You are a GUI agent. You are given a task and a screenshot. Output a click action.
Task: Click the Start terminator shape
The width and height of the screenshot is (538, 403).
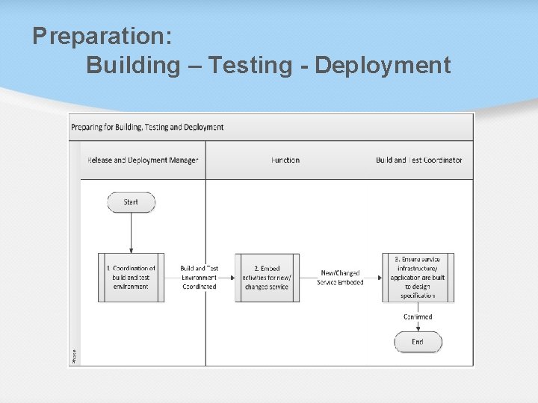131,202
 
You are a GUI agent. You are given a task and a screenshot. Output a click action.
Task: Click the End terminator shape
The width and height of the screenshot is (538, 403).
418,342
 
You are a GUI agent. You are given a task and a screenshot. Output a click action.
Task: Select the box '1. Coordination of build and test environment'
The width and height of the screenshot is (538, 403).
132,278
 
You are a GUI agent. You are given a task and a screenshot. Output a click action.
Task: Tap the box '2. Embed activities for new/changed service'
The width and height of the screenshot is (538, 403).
268,278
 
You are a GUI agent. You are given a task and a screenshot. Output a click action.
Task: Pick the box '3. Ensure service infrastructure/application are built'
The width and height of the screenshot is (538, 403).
418,278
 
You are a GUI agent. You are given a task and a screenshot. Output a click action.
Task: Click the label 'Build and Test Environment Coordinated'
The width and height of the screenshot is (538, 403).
200,278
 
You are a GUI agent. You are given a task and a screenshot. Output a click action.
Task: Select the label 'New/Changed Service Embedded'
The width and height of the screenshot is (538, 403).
340,278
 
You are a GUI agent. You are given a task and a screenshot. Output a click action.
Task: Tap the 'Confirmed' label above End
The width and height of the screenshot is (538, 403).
418,317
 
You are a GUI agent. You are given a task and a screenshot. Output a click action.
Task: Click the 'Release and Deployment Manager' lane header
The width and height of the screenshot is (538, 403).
143,160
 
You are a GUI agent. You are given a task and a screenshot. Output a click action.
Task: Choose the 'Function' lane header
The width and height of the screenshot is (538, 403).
285,160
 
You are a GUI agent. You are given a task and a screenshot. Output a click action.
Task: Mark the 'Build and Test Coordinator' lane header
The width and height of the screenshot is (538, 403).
418,160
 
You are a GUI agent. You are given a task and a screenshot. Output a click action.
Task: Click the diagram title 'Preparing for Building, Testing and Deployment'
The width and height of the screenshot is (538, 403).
147,127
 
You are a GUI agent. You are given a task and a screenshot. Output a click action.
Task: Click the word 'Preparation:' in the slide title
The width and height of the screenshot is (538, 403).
102,36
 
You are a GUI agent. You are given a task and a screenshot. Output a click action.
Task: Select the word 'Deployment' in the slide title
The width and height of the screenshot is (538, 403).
383,66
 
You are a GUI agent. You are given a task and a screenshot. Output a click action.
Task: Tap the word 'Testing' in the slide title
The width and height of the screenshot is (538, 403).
251,66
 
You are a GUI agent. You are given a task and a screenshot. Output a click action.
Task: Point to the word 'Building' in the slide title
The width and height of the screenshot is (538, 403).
133,66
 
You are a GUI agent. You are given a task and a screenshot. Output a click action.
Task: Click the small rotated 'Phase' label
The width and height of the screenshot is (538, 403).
74,356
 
